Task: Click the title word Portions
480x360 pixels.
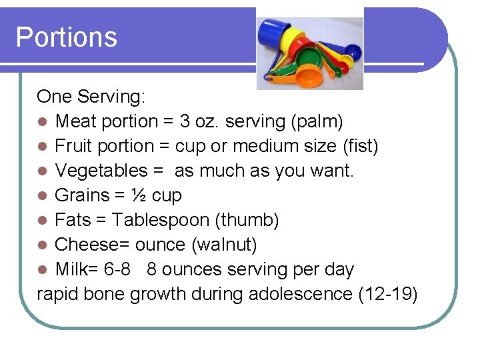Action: pyautogui.click(x=66, y=37)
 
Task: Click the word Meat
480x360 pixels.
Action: pyautogui.click(x=76, y=121)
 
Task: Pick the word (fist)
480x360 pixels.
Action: pyautogui.click(x=357, y=146)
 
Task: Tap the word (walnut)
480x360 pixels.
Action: pyautogui.click(x=224, y=245)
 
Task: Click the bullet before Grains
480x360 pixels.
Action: pyautogui.click(x=42, y=196)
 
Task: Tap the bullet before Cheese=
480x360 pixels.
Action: pyautogui.click(x=42, y=245)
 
